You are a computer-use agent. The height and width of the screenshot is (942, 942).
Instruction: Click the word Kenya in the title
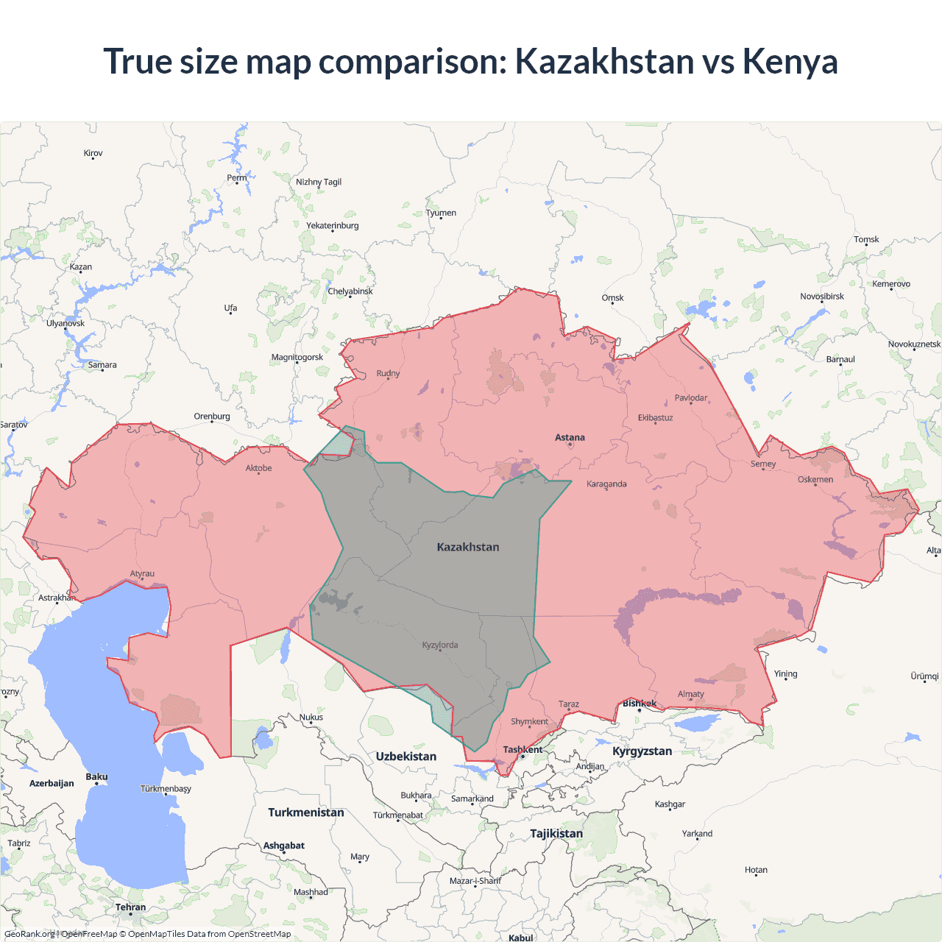tap(790, 61)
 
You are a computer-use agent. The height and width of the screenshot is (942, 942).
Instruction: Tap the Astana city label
tap(570, 437)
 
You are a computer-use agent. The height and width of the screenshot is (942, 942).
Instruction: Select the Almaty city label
tap(690, 694)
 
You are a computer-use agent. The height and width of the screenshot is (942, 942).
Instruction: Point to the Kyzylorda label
tap(440, 645)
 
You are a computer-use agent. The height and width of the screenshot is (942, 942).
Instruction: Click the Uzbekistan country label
tap(406, 757)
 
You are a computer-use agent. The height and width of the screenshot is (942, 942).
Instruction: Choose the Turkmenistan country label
tap(305, 812)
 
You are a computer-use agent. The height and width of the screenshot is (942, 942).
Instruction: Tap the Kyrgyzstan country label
tap(642, 751)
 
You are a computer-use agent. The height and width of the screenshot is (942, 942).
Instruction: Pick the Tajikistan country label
tap(556, 834)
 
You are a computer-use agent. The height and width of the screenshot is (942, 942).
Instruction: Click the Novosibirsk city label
tap(822, 297)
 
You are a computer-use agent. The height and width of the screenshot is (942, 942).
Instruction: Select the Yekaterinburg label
tap(333, 226)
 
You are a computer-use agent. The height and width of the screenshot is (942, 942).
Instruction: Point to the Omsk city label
tap(612, 298)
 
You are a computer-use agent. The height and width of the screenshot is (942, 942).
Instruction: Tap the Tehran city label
tap(130, 907)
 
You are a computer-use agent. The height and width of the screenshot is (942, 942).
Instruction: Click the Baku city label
tap(96, 777)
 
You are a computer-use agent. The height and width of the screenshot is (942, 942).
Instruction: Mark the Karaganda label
tap(606, 484)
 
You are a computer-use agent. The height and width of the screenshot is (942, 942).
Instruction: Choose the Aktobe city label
tap(258, 468)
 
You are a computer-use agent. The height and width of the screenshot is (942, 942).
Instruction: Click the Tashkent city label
tap(523, 750)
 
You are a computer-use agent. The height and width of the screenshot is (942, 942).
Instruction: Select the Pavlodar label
tap(691, 398)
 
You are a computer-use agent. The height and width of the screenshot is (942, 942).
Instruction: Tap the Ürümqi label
tap(924, 676)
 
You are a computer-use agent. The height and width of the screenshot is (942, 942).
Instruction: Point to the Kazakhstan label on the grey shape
tap(468, 548)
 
